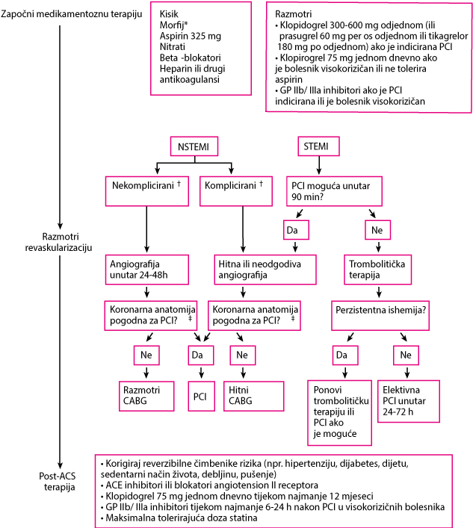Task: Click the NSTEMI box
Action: [194, 146]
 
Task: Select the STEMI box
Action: [318, 146]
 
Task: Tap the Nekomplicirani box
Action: [147, 191]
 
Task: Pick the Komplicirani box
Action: [236, 191]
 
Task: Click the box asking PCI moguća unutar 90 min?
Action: [334, 191]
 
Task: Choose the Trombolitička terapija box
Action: [377, 270]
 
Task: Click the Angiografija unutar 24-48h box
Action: [147, 270]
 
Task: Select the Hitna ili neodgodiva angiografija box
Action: [265, 270]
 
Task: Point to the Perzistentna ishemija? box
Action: [380, 315]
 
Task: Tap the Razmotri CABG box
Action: [146, 396]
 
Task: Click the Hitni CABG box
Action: [254, 396]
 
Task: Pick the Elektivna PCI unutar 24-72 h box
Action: [409, 401]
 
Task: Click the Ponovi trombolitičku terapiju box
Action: [339, 413]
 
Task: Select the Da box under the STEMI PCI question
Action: [296, 230]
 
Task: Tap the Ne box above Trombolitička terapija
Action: [378, 230]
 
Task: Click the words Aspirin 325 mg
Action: [191, 36]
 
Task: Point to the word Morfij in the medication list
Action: [172, 25]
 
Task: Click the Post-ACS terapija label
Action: [58, 482]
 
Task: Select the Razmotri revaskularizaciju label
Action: [59, 242]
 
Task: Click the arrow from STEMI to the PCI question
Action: [319, 165]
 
